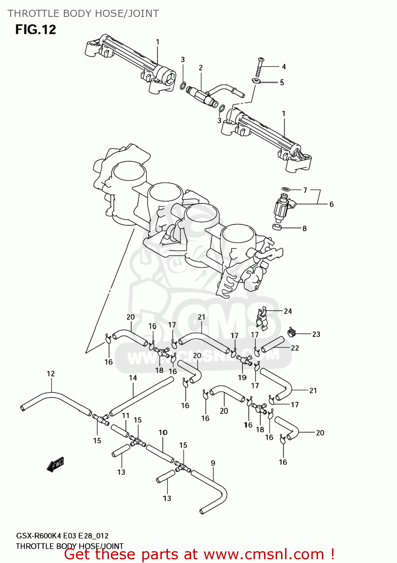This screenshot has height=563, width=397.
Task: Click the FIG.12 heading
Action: pos(36,30)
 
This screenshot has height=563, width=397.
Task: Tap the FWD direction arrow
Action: pos(55,464)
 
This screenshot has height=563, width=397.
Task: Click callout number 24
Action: pos(288,311)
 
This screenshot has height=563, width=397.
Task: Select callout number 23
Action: pos(316,334)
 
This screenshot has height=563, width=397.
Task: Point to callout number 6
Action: pos(331,204)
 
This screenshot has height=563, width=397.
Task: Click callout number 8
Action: pos(304,228)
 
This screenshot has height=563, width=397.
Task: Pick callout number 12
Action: pos(51,373)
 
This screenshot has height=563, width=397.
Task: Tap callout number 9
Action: pos(213,463)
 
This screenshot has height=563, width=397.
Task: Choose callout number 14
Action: pos(133,378)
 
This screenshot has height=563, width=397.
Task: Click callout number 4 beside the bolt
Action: pos(284,66)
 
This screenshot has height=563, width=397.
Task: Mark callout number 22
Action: pos(295,348)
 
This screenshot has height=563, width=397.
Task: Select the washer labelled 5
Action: pos(257,81)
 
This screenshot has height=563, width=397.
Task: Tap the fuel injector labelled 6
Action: pos(283,208)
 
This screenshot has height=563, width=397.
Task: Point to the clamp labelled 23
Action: pos(291,331)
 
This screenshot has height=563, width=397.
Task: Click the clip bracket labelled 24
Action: pos(263,318)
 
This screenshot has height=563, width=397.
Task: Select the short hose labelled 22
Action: pos(273,344)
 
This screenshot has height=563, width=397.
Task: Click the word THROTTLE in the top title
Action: pos(33,14)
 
